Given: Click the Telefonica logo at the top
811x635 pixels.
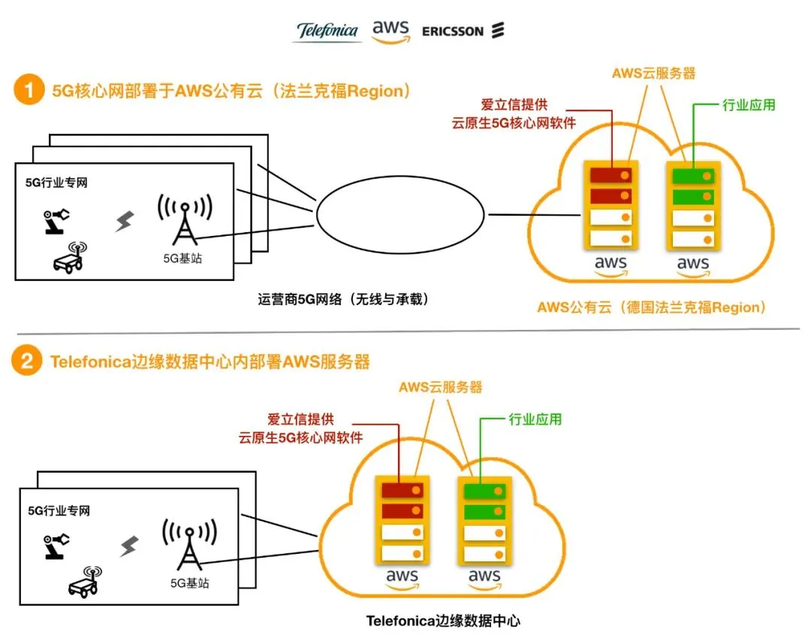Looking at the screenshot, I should point(327,31).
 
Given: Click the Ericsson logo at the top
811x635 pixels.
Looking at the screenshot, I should point(463,31).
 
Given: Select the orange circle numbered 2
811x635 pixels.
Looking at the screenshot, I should point(28,361).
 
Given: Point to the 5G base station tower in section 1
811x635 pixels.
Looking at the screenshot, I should point(184,219).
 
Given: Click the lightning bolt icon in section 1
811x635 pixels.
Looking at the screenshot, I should point(125,221).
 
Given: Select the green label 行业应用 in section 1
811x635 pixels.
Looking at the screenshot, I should point(748,105).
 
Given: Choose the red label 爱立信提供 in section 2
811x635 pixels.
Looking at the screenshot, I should point(300,419).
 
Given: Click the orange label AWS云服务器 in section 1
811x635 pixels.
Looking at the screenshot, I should point(653,73).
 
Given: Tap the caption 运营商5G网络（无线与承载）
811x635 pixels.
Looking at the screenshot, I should point(343,299).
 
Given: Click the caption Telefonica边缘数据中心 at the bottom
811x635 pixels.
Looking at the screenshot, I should point(443,621).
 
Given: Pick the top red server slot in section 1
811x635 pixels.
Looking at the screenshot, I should point(611,176).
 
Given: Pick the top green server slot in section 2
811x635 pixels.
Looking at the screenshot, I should point(484,492).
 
